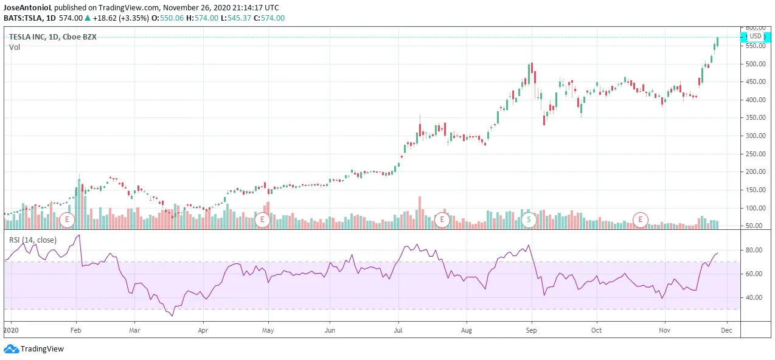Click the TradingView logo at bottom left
[x=34, y=349]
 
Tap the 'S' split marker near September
[x=529, y=219]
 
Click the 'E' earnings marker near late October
[x=640, y=219]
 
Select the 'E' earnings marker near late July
[x=442, y=219]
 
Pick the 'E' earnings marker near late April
[x=262, y=219]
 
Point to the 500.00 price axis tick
[x=755, y=64]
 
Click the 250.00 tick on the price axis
[x=755, y=154]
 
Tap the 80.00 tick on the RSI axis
[x=754, y=250]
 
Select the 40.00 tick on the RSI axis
[x=754, y=297]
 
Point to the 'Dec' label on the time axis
[x=725, y=330]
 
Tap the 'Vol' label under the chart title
[x=15, y=47]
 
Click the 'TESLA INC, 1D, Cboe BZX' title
[x=52, y=36]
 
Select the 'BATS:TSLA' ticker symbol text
[x=22, y=18]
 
